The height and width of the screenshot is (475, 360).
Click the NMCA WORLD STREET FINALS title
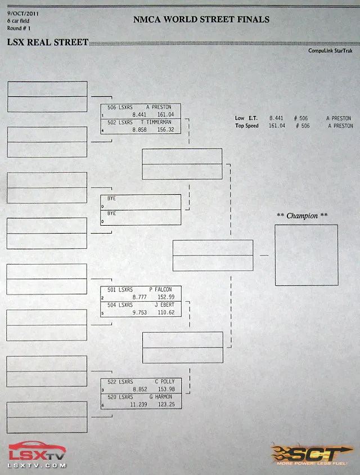tap(201, 19)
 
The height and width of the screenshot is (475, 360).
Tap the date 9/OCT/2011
tap(23, 14)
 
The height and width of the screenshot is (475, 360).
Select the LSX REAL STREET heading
tap(48, 42)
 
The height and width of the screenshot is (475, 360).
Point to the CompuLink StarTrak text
tap(330, 51)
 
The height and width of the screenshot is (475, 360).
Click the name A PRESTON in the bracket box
tap(159, 107)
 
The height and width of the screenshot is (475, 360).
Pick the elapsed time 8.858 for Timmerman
tap(139, 129)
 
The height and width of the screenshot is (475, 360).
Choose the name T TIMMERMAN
tap(156, 122)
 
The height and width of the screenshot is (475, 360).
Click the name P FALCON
tap(160, 289)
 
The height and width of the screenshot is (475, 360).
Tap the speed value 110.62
tap(166, 312)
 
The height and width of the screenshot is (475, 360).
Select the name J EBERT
tap(164, 304)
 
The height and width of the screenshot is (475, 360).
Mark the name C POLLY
tap(165, 382)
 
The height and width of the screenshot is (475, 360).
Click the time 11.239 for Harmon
tap(139, 405)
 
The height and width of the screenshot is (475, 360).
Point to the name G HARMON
tap(161, 397)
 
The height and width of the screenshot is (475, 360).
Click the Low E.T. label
tap(246, 118)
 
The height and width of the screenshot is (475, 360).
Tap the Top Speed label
tap(247, 126)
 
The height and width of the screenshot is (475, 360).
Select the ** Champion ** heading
tap(302, 216)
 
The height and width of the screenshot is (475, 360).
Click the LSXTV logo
tap(37, 454)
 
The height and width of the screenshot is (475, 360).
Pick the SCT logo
tap(312, 455)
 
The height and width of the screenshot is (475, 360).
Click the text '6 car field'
tap(18, 21)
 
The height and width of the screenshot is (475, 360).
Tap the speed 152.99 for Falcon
tap(166, 297)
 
